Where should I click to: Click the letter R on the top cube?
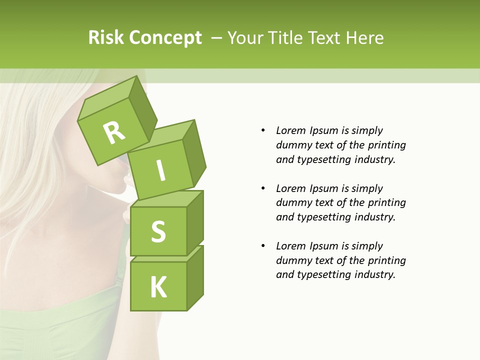coord(114,132)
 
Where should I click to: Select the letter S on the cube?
coord(158,231)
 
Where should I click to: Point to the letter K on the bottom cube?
coord(158,287)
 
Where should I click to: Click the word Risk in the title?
coord(105,37)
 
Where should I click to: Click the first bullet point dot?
coord(263,130)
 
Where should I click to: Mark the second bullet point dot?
coord(263,188)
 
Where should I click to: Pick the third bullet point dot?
coord(263,246)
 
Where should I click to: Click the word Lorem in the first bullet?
coord(290,130)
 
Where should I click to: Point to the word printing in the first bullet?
coord(386,145)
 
